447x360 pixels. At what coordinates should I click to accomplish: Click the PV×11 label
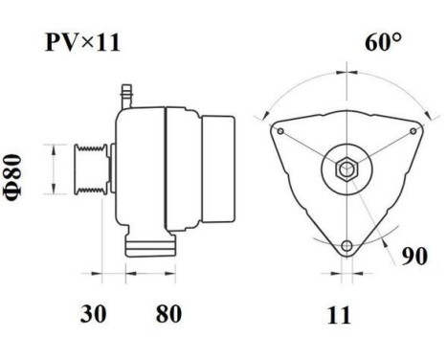pos(81,43)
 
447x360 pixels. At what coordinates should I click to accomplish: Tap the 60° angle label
pos(383,43)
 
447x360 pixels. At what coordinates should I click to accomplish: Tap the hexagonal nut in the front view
pos(346,170)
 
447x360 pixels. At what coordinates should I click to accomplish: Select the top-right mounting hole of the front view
pos(413,131)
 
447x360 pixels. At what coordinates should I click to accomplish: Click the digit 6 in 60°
pos(371,43)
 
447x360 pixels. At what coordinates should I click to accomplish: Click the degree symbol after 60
pos(397,38)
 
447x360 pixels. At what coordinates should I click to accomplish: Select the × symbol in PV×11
pos(83,45)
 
